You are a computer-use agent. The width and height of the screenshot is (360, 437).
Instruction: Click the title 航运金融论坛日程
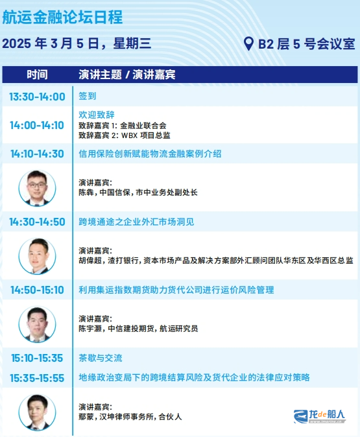62,18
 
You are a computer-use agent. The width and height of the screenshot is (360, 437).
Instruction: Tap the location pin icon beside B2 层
248,43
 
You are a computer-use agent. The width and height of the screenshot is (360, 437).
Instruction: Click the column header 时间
37,75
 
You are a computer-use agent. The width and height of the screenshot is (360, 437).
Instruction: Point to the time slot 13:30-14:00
37,97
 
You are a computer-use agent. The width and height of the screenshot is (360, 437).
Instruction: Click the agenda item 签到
88,96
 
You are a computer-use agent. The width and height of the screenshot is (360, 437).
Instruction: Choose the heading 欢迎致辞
97,115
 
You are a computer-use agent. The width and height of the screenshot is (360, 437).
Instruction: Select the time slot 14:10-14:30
37,154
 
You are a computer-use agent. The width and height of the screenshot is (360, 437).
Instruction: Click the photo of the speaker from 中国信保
37,188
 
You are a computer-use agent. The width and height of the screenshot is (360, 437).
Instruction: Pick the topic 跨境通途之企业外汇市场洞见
136,222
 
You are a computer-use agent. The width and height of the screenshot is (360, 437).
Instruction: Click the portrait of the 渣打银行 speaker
37,256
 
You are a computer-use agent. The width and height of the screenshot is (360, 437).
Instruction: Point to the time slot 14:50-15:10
37,290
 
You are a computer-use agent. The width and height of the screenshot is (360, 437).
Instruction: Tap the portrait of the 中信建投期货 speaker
37,324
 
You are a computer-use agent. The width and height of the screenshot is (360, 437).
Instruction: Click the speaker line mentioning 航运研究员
138,329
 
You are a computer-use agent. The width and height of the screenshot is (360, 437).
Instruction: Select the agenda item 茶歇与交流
101,358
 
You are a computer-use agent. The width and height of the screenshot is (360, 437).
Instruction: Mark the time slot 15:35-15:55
37,378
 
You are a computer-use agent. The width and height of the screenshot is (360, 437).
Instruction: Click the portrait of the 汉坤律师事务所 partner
37,412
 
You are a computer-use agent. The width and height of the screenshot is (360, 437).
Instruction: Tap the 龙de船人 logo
320,416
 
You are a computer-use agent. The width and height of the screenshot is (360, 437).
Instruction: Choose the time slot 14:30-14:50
37,222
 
